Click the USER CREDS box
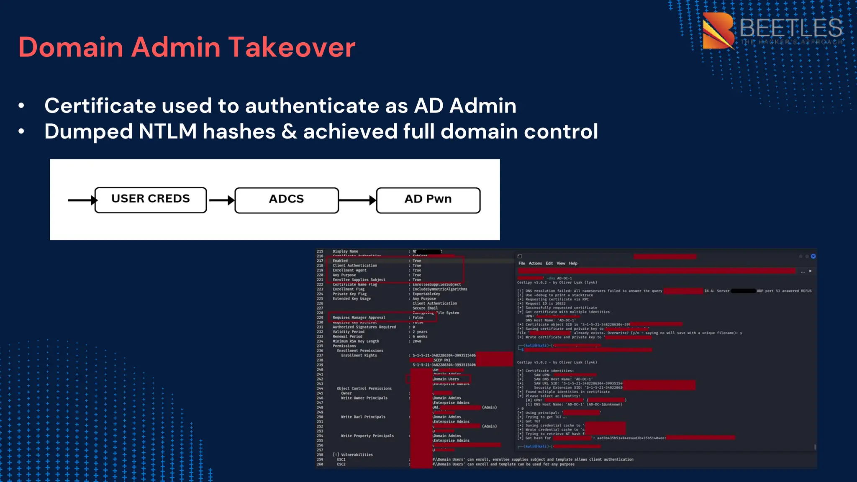(x=151, y=200)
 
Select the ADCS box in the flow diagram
(x=287, y=200)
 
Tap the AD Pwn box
(x=428, y=200)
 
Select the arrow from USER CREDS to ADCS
(x=221, y=200)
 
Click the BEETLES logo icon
(x=718, y=30)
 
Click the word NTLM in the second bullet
(x=167, y=131)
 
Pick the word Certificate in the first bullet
(x=100, y=105)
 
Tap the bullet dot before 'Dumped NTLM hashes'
(x=21, y=132)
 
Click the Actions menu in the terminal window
(x=535, y=264)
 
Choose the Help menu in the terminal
(x=573, y=264)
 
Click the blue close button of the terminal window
(x=813, y=256)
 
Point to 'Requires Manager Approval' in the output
(x=359, y=318)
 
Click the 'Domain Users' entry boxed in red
(x=446, y=379)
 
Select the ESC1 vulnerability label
(x=341, y=459)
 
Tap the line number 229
(x=320, y=318)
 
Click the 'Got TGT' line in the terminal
(x=533, y=421)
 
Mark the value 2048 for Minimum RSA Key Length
(x=417, y=341)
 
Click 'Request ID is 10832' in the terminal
(x=545, y=304)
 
